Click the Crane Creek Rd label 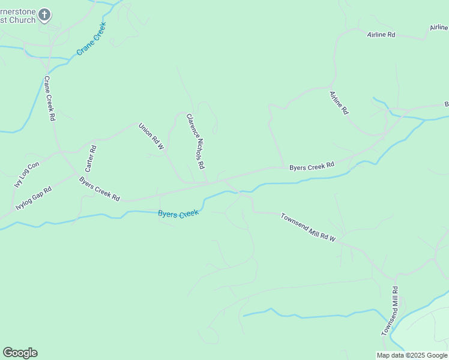coord(49,99)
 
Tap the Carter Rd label coord(91,157)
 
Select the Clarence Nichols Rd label coord(196,142)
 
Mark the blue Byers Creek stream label coord(178,214)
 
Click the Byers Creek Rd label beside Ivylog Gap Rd coord(100,189)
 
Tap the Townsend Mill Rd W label coord(308,227)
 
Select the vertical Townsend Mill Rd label coord(390,311)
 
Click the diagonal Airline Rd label coord(339,103)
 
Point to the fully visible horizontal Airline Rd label coord(381,35)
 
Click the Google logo coord(20,353)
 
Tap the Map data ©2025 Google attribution coord(412,355)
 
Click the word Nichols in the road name coord(197,143)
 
